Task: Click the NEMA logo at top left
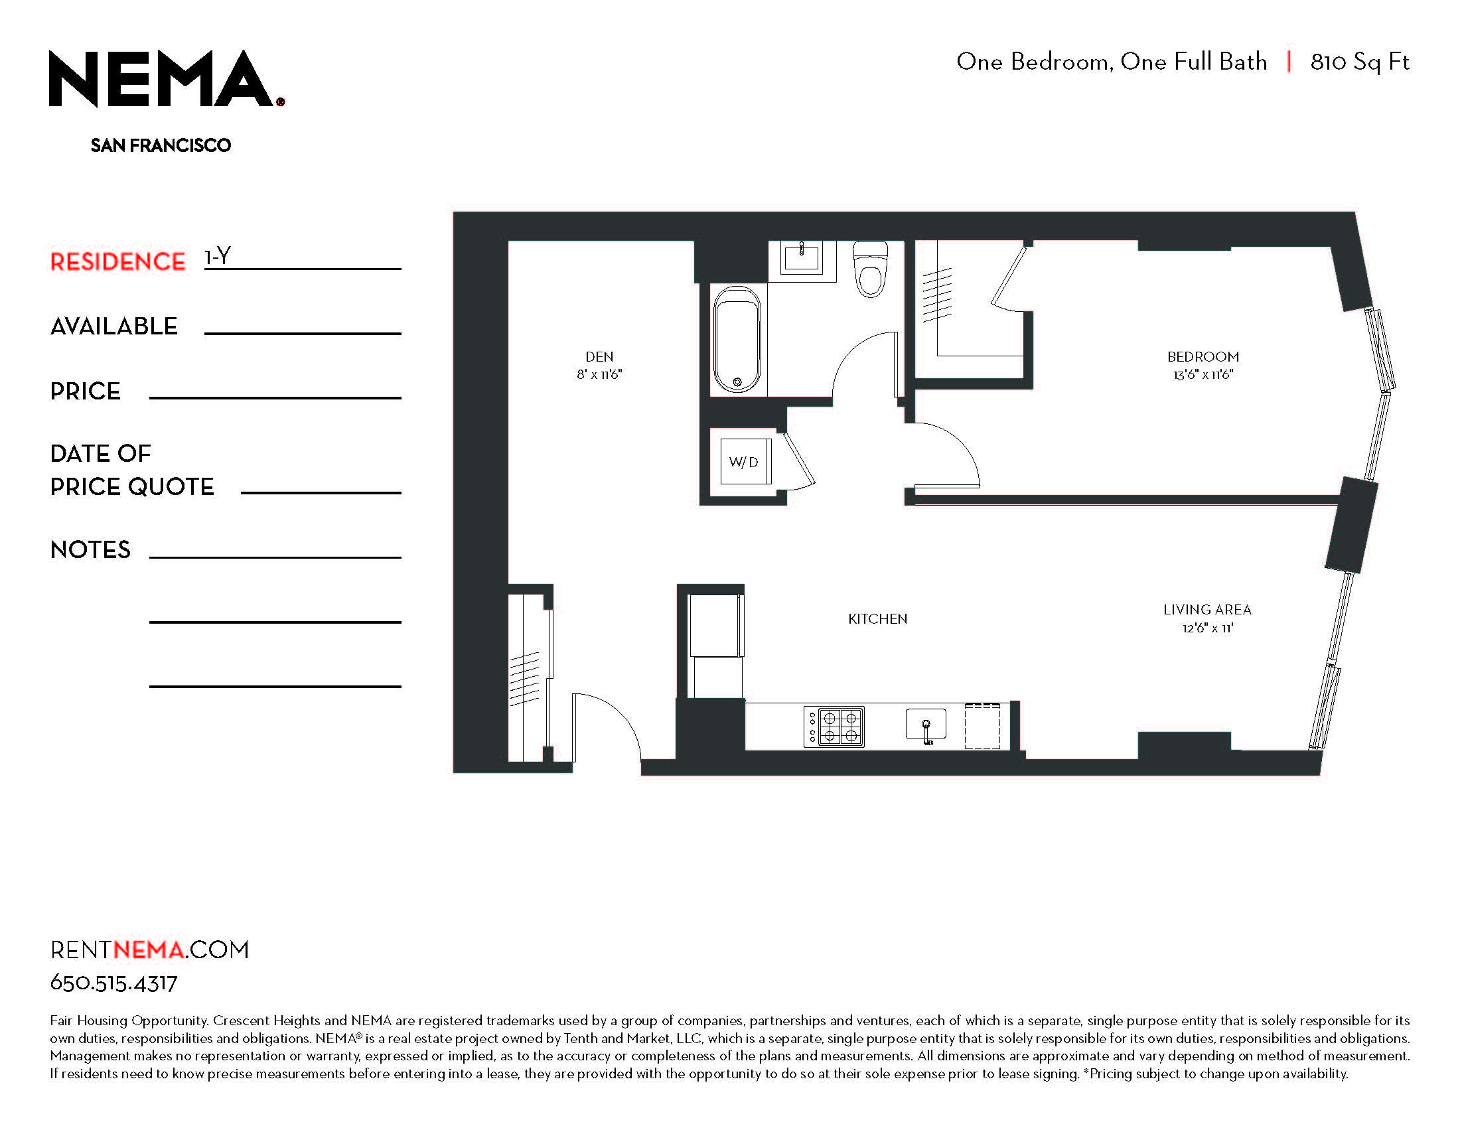tap(166, 78)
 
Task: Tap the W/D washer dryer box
tap(745, 461)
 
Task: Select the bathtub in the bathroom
tap(737, 340)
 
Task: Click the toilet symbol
tap(871, 269)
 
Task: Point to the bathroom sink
tap(802, 257)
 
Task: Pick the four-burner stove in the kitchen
tap(834, 727)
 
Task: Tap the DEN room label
tap(599, 357)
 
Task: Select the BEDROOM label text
tap(1203, 357)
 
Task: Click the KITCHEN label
tap(878, 619)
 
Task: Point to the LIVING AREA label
tap(1207, 609)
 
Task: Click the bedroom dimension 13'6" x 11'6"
tap(1203, 375)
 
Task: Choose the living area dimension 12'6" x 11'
tap(1207, 628)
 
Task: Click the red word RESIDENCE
tap(117, 262)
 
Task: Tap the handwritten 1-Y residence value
tap(218, 256)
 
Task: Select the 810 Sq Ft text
tap(1360, 62)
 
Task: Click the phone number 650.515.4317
tap(113, 983)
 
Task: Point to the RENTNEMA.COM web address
tap(150, 950)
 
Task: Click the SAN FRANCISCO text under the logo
tap(161, 145)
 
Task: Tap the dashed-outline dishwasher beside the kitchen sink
tap(982, 726)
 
